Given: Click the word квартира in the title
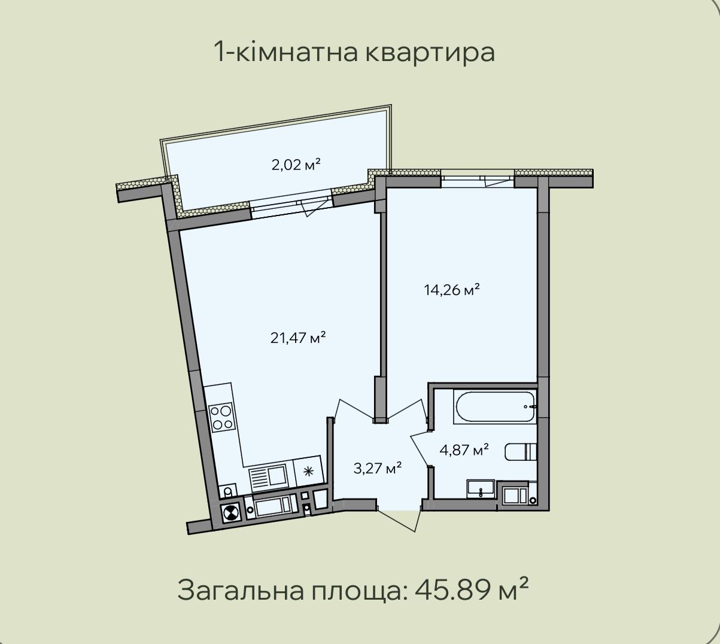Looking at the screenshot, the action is tap(430, 53).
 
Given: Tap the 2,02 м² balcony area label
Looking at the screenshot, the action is tap(296, 165).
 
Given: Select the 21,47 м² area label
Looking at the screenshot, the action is tap(298, 338).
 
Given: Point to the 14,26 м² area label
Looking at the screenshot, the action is tap(452, 290).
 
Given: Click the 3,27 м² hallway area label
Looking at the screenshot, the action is tap(378, 468).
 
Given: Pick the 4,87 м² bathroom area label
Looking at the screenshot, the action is tap(464, 450).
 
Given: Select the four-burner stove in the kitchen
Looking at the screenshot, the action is tap(221, 418).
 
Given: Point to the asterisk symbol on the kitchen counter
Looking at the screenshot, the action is tap(308, 472).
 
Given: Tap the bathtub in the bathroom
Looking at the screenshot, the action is tap(494, 407).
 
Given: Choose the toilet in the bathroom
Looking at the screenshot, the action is tap(521, 452).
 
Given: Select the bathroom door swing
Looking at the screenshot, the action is tap(420, 448).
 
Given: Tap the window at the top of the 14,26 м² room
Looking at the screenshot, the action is tap(478, 181).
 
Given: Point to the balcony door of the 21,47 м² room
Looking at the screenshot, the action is tap(291, 208).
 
